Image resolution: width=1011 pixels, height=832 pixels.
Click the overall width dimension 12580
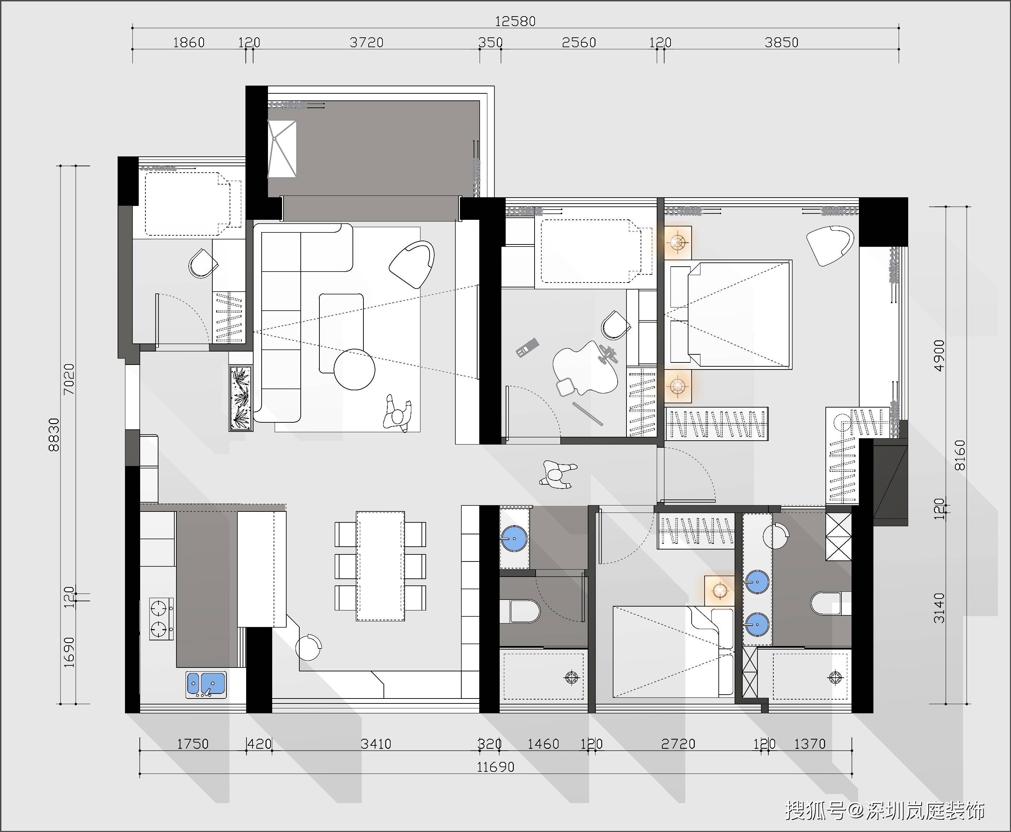(x=515, y=21)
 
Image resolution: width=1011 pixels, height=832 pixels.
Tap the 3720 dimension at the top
(x=367, y=43)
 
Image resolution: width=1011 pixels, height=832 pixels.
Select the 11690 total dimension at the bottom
(x=495, y=767)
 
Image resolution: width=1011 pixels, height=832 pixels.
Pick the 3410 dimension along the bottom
(x=376, y=744)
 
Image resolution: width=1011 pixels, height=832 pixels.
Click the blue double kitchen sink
(x=206, y=684)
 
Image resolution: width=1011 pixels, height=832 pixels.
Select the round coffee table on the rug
(x=355, y=370)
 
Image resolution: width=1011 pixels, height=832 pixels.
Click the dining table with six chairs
(x=380, y=566)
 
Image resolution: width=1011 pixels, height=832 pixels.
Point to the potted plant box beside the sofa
(x=241, y=398)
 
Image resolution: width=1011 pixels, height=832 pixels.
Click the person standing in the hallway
(x=558, y=474)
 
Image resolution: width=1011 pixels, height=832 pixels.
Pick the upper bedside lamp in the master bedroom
(x=678, y=242)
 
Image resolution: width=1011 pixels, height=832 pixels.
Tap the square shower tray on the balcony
(x=282, y=149)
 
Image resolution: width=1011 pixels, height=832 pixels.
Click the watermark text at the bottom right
(x=885, y=811)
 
